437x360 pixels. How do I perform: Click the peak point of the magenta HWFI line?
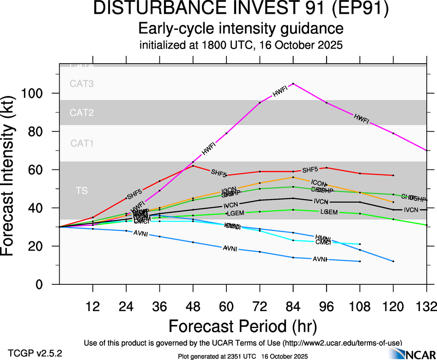pyautogui.click(x=293, y=84)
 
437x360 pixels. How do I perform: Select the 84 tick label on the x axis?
pyautogui.click(x=293, y=306)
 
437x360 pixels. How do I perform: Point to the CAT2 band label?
pyautogui.click(x=82, y=113)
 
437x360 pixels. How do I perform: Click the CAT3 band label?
pyautogui.click(x=82, y=84)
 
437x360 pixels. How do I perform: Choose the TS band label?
pyautogui.click(x=82, y=190)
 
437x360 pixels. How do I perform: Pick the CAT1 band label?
pyautogui.click(x=82, y=143)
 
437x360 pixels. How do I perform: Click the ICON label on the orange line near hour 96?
pyautogui.click(x=319, y=183)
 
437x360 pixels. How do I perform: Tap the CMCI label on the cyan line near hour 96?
pyautogui.click(x=322, y=242)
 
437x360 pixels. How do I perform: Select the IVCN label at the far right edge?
pyautogui.click(x=411, y=210)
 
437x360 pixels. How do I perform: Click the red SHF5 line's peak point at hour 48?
pyautogui.click(x=193, y=166)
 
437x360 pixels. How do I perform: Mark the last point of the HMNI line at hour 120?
pyautogui.click(x=393, y=261)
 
